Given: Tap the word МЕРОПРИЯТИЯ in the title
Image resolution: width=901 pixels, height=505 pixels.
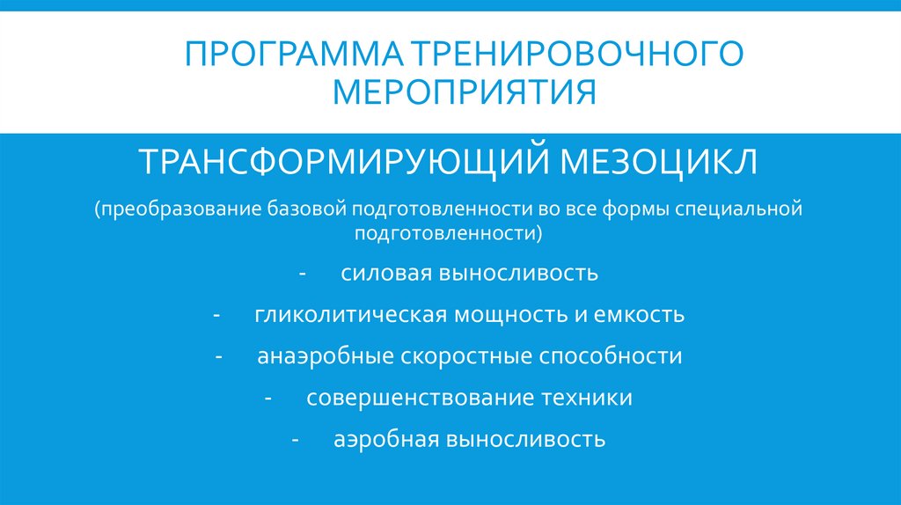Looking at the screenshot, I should tap(450, 91).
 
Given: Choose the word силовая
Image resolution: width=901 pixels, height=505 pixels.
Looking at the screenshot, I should tap(383, 273).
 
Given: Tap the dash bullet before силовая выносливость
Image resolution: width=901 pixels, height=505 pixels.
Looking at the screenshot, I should tap(302, 274).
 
